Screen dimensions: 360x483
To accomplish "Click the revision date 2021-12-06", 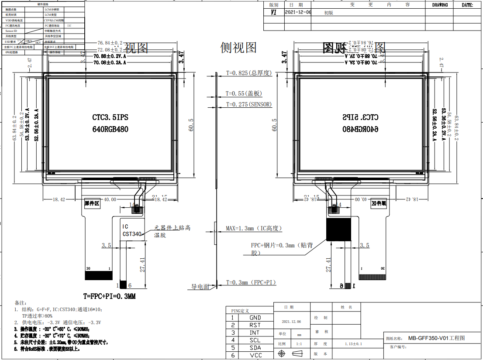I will pos(298,13).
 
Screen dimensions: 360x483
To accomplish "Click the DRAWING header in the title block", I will pos(440,5).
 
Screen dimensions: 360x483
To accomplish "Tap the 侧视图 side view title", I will pos(238,47).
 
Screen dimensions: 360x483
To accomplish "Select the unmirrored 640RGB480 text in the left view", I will pos(110,129).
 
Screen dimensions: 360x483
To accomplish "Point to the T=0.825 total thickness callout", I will pos(248,73).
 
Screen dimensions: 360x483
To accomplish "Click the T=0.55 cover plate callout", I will pos(244,93).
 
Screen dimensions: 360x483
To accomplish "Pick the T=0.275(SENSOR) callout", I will pos(248,104).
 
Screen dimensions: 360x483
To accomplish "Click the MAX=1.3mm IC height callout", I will pos(254,228).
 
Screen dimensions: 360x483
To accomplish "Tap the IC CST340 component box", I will pos(131,230).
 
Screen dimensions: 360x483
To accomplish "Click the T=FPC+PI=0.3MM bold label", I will pos(110,296).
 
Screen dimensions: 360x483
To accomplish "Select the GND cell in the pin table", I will pos(255,318).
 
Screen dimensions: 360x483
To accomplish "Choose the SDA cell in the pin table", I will pos(255,348).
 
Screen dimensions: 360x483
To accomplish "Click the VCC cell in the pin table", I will pos(255,355).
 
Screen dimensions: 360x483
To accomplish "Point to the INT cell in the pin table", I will pos(255,333).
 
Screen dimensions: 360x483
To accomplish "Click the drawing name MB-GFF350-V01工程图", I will pos(437,338).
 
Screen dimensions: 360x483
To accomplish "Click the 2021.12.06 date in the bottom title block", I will pos(291,322).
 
